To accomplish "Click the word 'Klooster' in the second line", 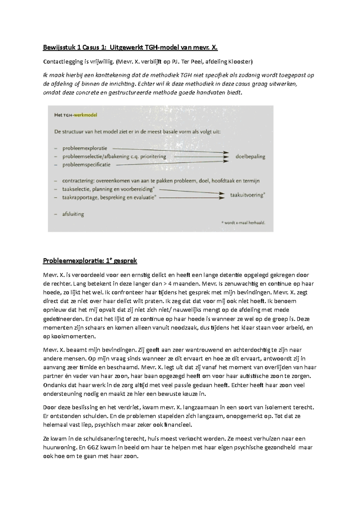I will coord(240,62).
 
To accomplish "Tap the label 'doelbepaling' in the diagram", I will coord(250,156).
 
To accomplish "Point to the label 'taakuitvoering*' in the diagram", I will coord(247,195).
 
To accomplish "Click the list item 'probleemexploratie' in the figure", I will coord(85,148).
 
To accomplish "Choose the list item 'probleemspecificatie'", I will coord(86,165).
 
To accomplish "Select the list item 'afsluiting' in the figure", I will coord(73,214).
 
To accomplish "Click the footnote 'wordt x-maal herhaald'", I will coord(245,223).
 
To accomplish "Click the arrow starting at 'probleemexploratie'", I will coord(168,150).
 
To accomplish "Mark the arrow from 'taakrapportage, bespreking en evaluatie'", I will coord(192,198).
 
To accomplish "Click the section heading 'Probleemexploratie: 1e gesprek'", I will coord(90,261).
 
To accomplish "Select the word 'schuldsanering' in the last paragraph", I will coord(104,439).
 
